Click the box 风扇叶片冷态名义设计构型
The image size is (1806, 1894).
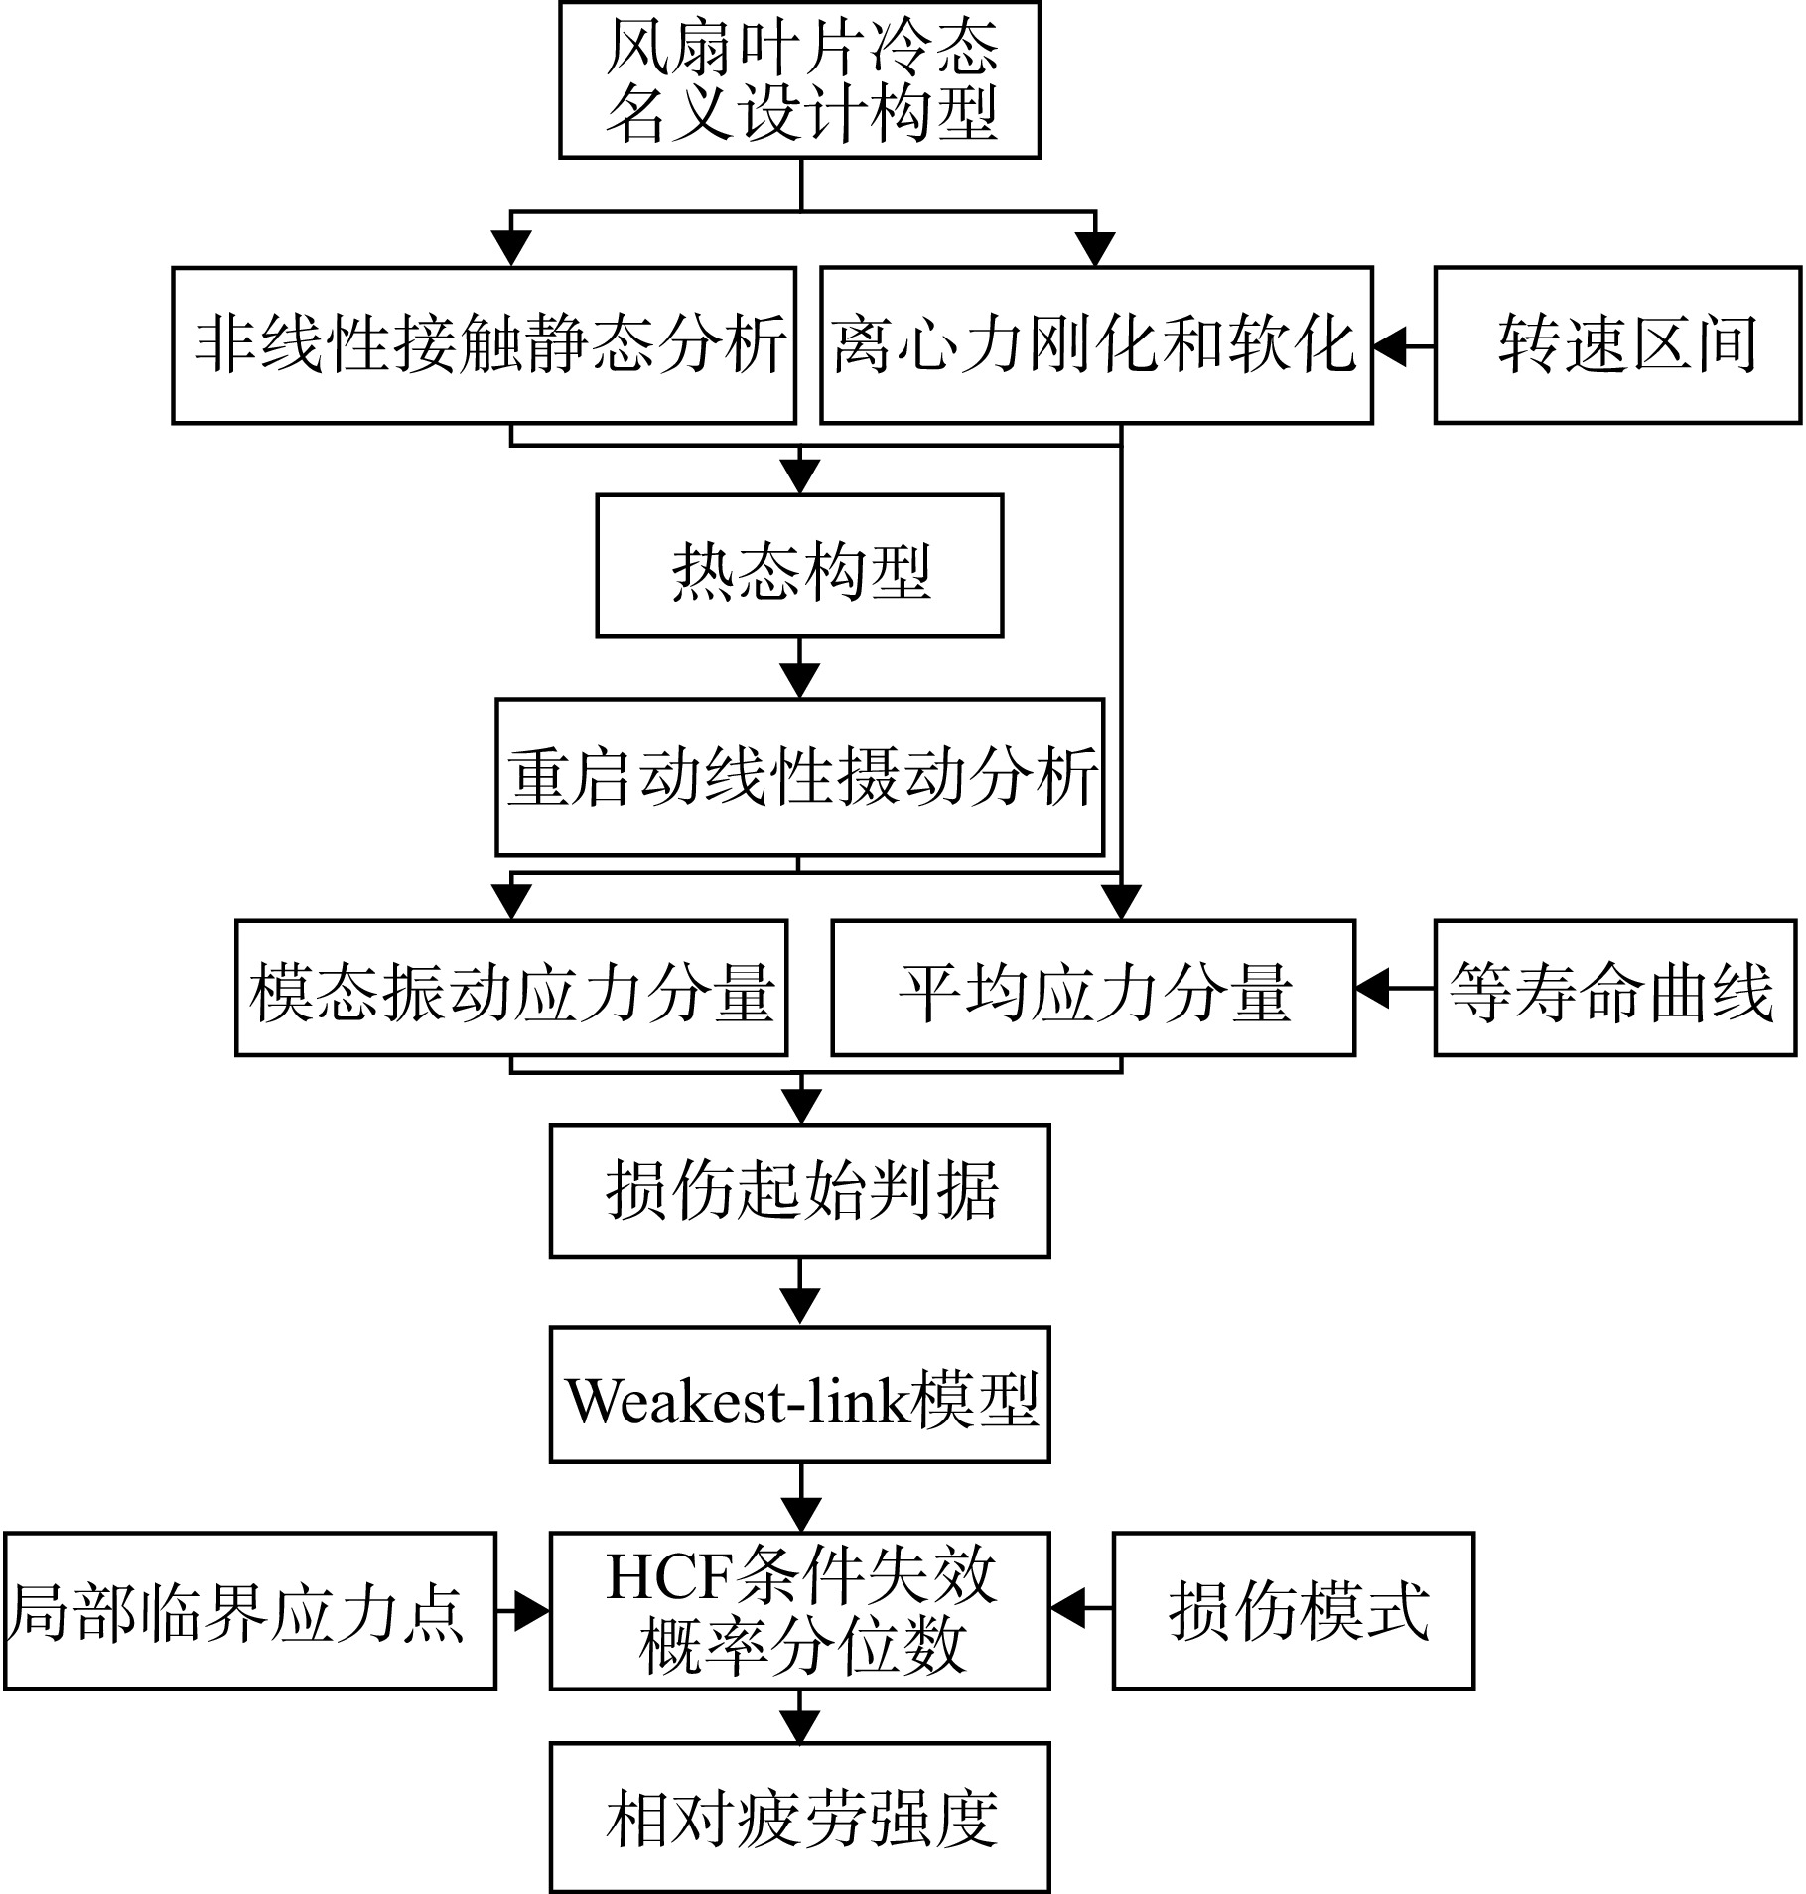point(799,79)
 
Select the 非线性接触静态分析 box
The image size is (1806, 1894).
point(485,344)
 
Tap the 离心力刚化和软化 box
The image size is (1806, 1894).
point(1096,344)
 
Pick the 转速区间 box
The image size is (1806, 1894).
point(1617,344)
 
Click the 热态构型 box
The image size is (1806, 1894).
point(799,566)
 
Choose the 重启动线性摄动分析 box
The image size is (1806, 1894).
point(799,776)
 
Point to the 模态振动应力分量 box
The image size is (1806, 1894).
point(511,988)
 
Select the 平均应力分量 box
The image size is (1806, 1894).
point(1093,988)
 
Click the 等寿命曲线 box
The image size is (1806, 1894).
point(1615,988)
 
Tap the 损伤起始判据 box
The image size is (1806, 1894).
point(799,1190)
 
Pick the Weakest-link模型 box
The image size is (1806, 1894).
point(799,1395)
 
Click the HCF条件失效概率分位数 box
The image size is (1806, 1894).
point(799,1611)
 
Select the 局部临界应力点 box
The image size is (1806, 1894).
point(249,1611)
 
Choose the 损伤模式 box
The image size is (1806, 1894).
point(1293,1611)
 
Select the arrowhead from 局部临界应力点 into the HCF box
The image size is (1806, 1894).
point(532,1611)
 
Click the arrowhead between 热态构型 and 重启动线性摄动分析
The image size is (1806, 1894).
point(800,681)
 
